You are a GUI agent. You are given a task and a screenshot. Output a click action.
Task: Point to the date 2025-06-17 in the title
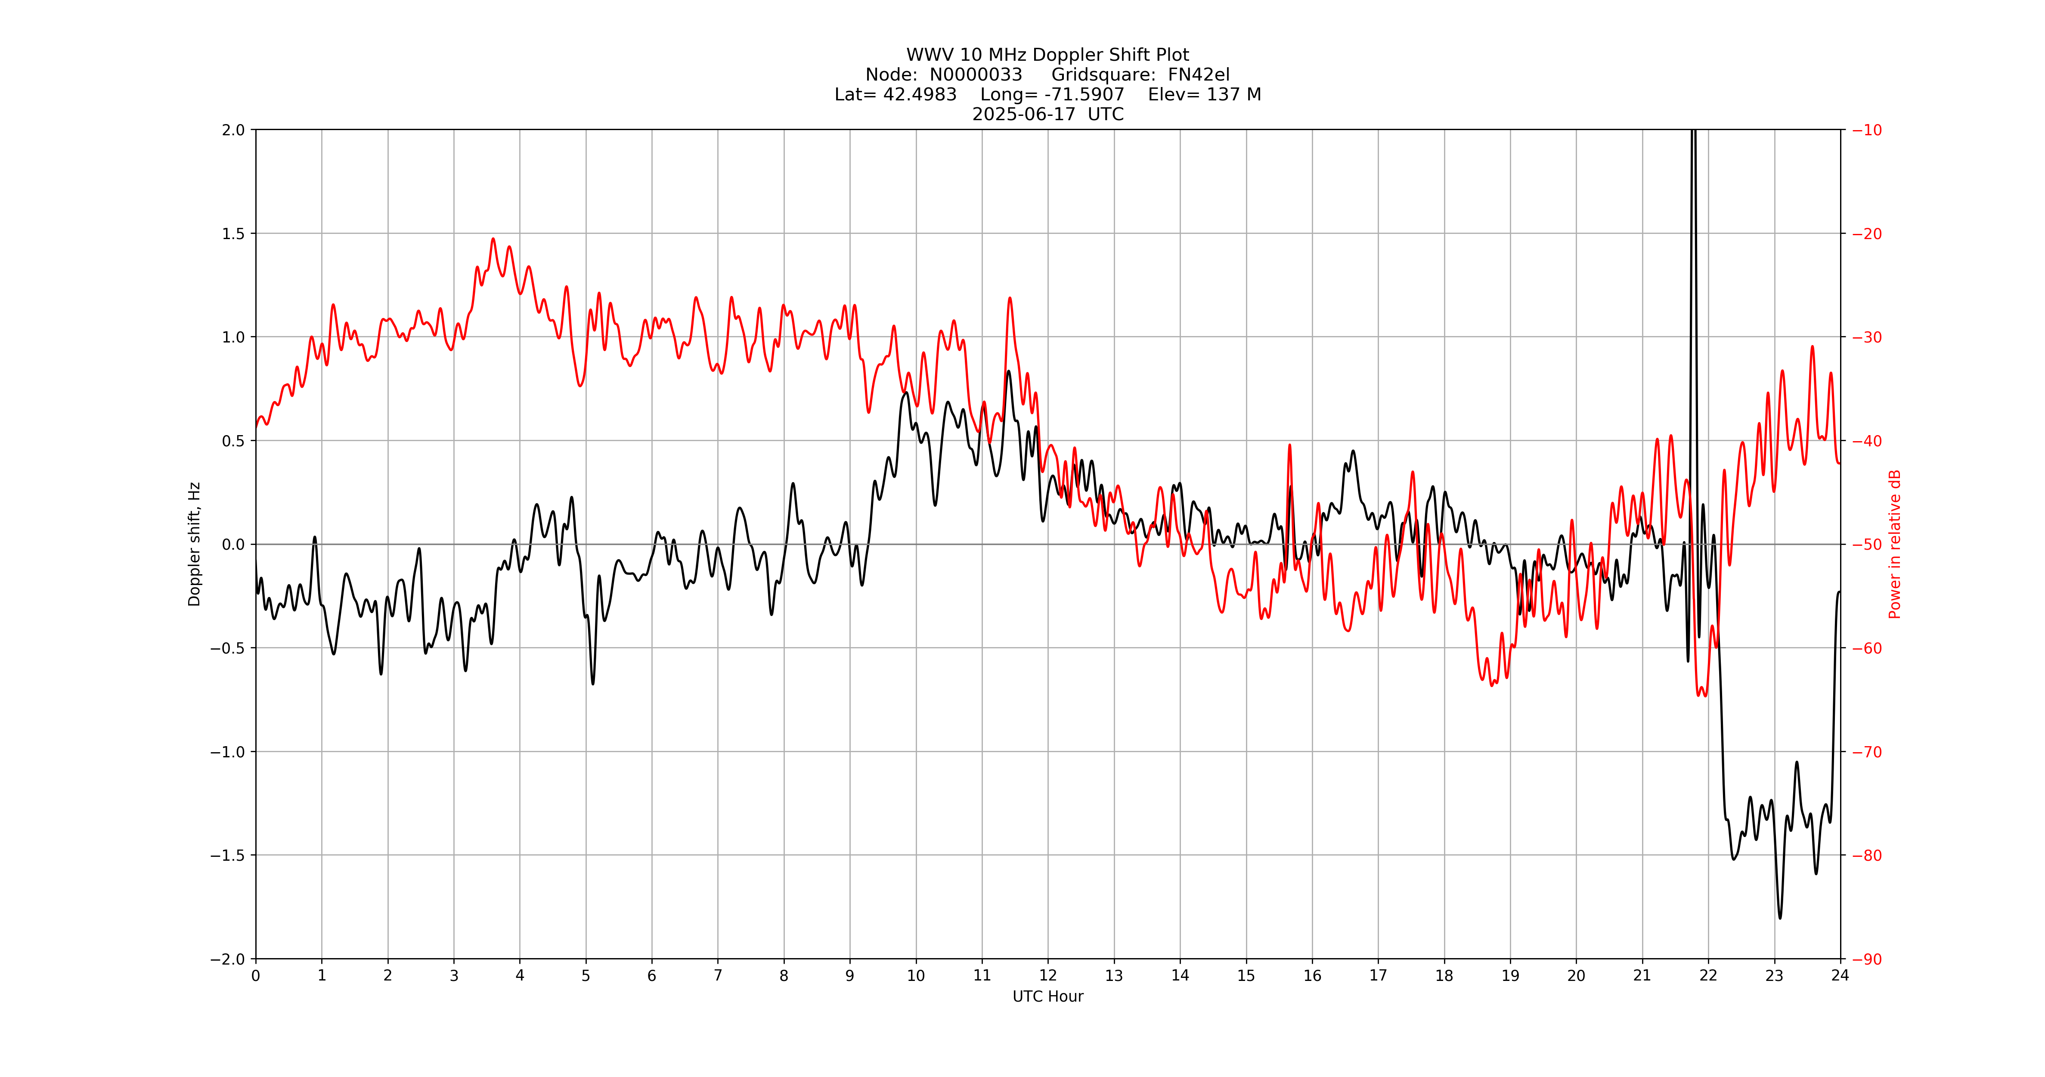[1024, 114]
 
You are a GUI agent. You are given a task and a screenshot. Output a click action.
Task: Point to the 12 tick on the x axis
[1048, 975]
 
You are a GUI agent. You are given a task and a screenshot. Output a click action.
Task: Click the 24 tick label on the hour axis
[1840, 975]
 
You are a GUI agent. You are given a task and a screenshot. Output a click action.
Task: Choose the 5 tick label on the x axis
[586, 975]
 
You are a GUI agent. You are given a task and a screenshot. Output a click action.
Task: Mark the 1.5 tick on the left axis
[233, 233]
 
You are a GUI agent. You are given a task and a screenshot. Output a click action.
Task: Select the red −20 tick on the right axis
[1866, 233]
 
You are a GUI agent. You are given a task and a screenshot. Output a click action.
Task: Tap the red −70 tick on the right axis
[1866, 751]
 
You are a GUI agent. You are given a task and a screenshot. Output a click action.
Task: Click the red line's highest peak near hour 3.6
[493, 239]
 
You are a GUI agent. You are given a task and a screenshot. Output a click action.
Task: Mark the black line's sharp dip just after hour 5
[593, 683]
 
